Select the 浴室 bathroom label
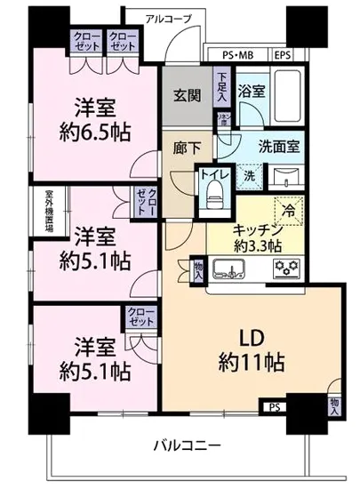(x=252, y=91)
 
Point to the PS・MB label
(x=237, y=54)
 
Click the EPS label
(x=283, y=54)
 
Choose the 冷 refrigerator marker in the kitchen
(x=290, y=213)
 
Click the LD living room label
(x=250, y=339)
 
